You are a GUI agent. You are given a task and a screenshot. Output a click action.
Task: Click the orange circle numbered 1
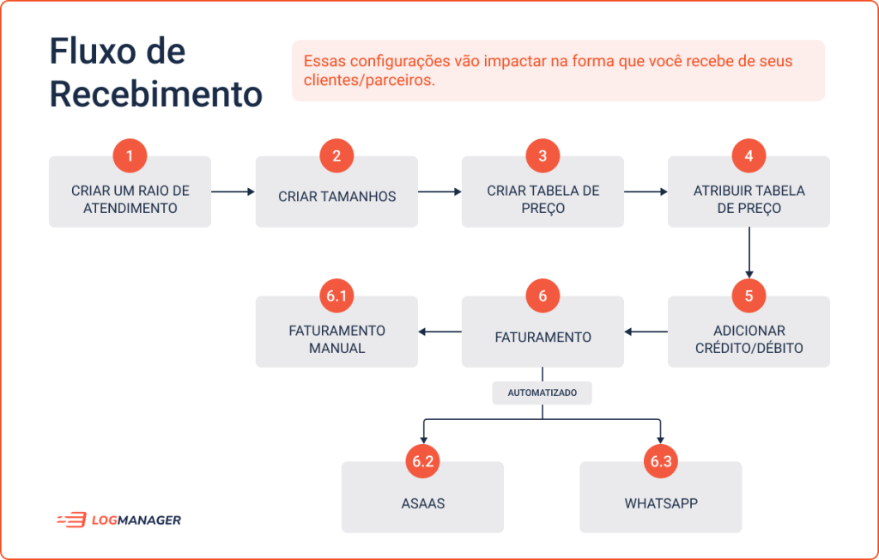130,155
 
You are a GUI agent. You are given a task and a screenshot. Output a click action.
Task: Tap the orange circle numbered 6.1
336,295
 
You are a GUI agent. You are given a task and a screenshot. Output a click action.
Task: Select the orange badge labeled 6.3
661,461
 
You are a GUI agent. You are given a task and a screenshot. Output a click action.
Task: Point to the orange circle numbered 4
749,155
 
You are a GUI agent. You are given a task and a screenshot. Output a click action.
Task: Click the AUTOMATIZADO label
543,393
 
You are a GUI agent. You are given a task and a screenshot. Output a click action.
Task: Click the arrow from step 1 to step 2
233,192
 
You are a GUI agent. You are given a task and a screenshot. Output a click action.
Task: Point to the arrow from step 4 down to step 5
749,253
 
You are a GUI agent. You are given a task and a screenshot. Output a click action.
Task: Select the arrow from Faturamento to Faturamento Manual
440,332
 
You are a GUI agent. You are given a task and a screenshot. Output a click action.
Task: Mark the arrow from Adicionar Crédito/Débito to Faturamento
646,332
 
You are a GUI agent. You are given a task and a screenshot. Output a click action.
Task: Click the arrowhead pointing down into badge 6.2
424,440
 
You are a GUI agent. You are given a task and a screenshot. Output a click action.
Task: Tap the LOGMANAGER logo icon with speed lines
72,520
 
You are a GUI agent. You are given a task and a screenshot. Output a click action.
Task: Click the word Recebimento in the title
156,94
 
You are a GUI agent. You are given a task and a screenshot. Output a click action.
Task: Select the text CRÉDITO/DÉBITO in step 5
749,349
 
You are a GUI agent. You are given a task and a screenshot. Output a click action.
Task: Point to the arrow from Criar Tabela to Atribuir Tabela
646,192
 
